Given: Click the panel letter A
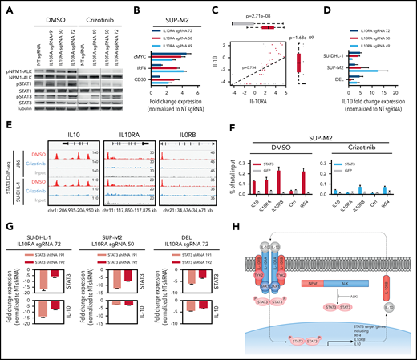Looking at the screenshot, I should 6,7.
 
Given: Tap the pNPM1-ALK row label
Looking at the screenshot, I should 13,71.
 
